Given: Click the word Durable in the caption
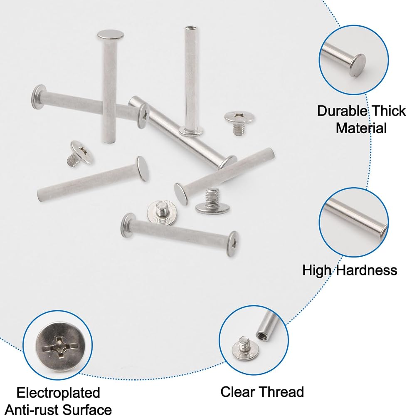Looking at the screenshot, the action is pos(338,111).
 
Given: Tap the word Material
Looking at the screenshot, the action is pos(361,128).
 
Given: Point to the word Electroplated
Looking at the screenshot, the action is pos(58,393).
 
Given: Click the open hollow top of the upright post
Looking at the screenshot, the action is pos(191,28).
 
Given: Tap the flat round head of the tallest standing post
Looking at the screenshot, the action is pos(110,34).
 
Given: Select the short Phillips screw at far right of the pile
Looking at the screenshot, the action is pos(239,123).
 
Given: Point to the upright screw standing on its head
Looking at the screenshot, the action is pos(212,201).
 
